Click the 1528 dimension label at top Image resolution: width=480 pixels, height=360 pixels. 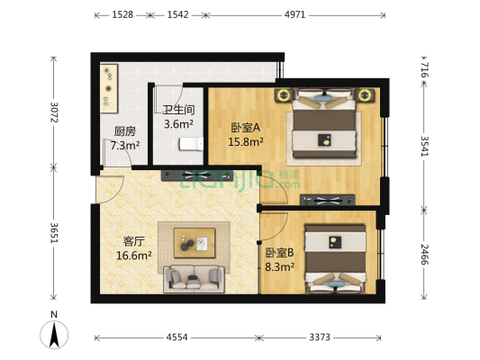click(123, 15)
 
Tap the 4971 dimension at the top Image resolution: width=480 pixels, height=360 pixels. click(294, 15)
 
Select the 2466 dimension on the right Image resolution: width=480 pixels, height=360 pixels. click(424, 254)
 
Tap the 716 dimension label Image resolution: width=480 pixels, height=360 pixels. click(423, 68)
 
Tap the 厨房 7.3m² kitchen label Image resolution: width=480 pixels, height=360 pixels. click(124, 138)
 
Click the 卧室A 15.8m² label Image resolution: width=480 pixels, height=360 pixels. click(245, 134)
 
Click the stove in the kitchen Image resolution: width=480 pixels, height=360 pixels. click(110, 81)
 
